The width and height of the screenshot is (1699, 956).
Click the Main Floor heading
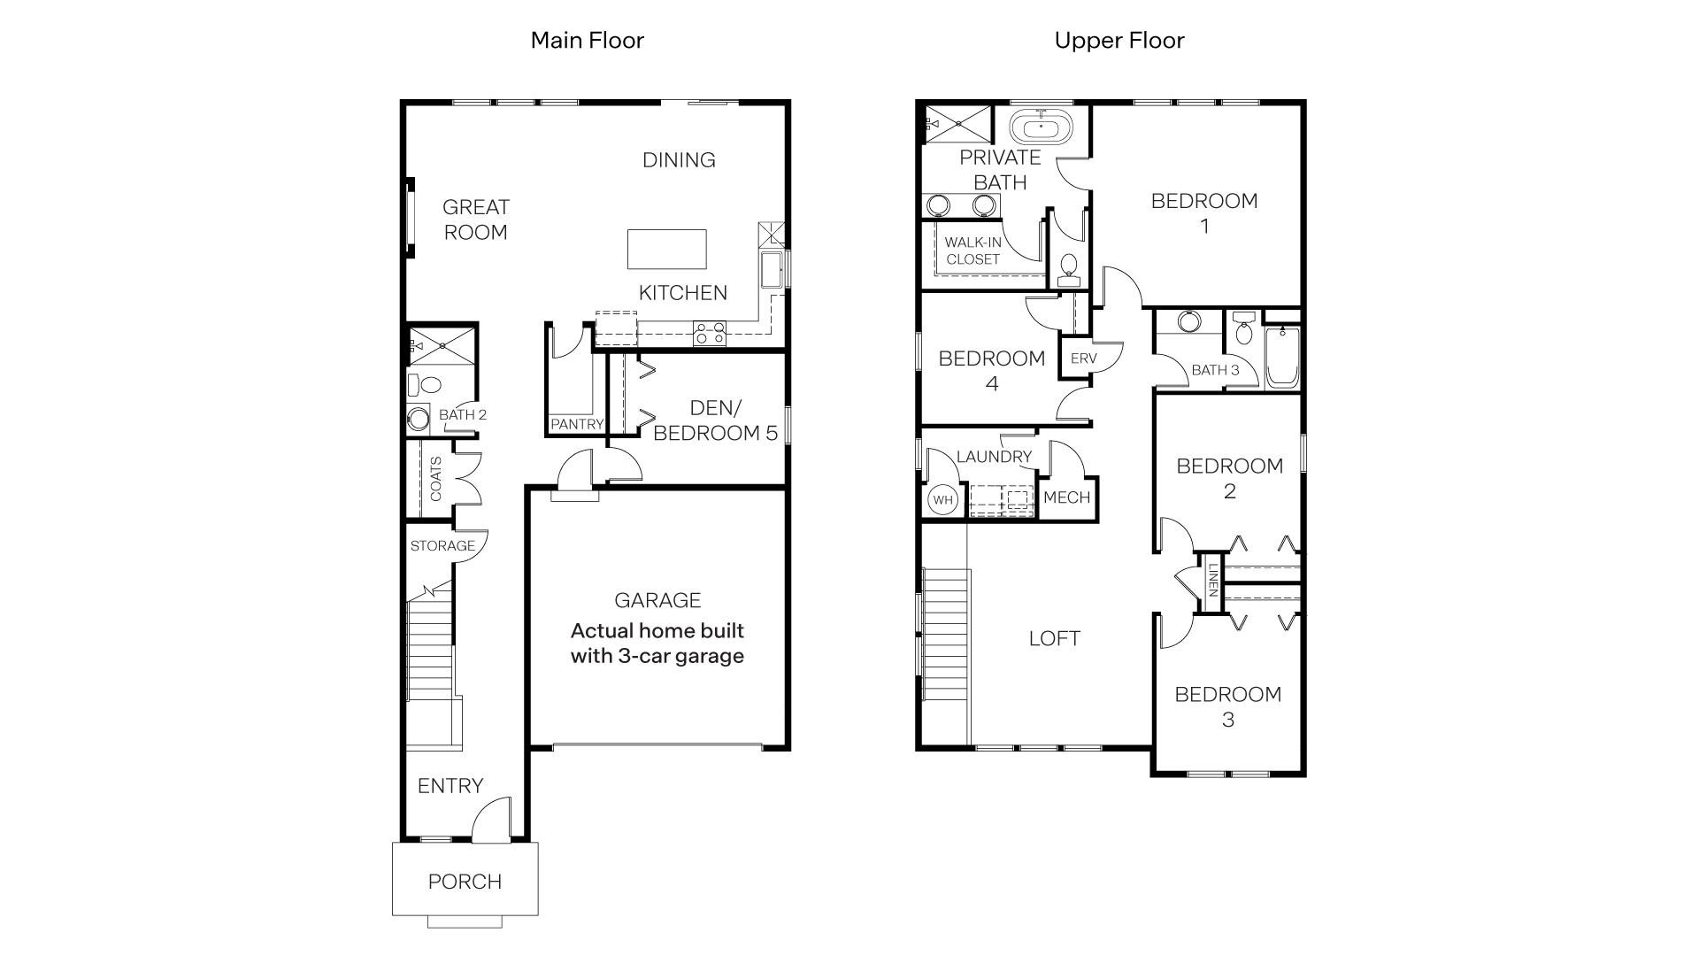[x=587, y=41]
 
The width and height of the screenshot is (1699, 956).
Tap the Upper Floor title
[x=1119, y=41]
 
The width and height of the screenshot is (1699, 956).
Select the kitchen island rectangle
[x=666, y=249]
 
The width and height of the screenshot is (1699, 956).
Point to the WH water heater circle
[x=942, y=500]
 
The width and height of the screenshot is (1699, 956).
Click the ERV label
[x=1083, y=358]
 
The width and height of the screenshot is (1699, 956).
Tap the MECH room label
[x=1066, y=497]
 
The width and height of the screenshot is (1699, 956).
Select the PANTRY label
[x=576, y=425]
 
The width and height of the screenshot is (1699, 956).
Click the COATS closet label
[x=435, y=479]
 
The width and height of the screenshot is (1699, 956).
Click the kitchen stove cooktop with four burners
[x=710, y=334]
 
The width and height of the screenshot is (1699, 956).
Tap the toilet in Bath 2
[x=427, y=385]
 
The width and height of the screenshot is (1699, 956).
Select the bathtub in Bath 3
[x=1281, y=358]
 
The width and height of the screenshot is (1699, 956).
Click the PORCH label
[x=465, y=882]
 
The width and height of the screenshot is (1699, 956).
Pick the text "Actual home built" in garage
[x=657, y=631]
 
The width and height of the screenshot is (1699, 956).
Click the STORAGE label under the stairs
[x=442, y=546]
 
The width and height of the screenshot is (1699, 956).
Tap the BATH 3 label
[x=1215, y=370]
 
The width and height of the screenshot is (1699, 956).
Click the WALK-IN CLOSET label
[x=973, y=251]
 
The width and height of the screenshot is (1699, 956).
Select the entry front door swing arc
[x=491, y=819]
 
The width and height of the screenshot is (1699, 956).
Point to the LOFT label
[x=1054, y=638]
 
